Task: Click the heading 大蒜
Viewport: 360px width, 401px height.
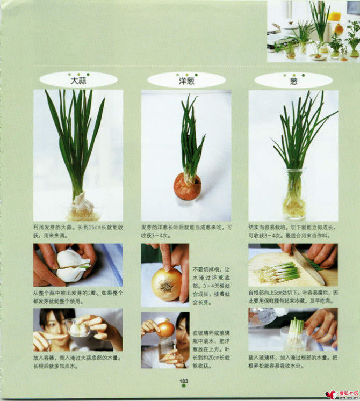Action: point(78,81)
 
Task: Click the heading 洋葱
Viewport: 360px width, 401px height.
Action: point(186,81)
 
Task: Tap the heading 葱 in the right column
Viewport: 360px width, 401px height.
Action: point(293,81)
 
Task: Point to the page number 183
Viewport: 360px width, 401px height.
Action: point(184,382)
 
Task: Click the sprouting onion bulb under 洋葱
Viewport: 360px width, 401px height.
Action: point(187,186)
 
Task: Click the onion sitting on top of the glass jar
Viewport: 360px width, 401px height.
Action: point(165,329)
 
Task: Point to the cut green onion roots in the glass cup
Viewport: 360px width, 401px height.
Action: point(295,336)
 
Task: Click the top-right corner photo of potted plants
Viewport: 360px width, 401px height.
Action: point(314,31)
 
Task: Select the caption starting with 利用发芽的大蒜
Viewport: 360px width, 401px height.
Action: point(78,231)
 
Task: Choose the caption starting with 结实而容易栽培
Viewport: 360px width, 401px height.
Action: point(293,231)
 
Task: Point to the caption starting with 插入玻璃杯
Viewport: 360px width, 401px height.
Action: point(293,361)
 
